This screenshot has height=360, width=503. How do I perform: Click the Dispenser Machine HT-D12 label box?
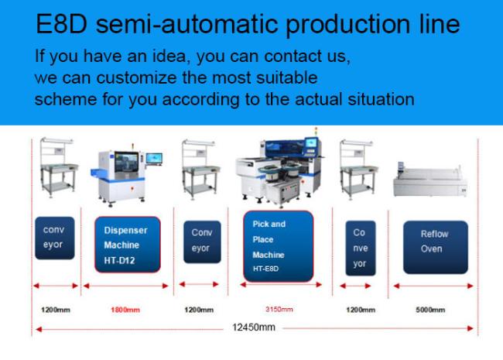(x=128, y=245)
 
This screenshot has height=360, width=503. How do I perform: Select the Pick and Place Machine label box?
(x=278, y=246)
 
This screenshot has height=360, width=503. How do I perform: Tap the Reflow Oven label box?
(x=436, y=247)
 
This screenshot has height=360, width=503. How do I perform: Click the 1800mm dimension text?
(x=125, y=310)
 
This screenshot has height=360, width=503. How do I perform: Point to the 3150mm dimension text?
(x=279, y=309)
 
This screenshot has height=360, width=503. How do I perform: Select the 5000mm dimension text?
(x=430, y=310)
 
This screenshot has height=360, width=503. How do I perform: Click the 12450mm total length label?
(x=253, y=327)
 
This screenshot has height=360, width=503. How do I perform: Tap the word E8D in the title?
(x=62, y=24)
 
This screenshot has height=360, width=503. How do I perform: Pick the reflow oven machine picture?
(x=429, y=180)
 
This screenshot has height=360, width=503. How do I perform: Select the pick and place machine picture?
(x=279, y=170)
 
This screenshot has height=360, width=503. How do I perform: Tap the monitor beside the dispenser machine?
(x=154, y=159)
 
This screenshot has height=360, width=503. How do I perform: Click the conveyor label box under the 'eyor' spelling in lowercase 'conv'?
(x=54, y=238)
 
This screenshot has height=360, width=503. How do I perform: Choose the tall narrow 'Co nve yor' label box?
(x=361, y=248)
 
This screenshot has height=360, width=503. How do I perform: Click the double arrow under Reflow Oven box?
(x=433, y=286)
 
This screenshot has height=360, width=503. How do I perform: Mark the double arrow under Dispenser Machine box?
(x=125, y=286)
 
